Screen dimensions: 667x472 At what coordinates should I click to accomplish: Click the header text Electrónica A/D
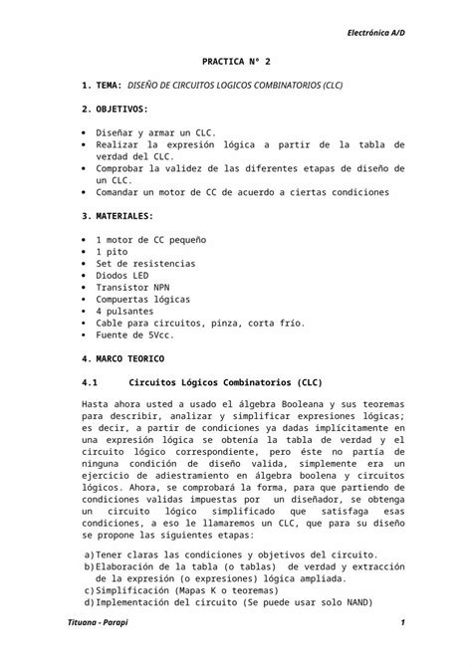(x=375, y=34)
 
